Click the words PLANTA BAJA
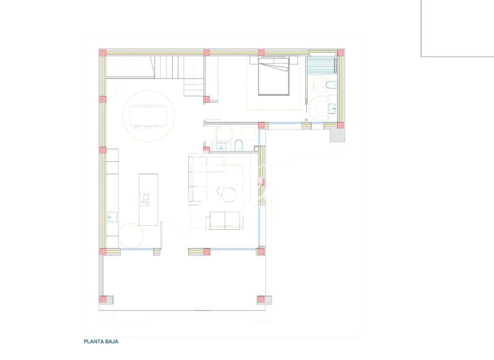101,342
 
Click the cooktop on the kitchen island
145,199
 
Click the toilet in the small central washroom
239,145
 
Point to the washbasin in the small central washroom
221,146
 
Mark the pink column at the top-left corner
103,53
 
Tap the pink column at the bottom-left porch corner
103,300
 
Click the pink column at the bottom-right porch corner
261,300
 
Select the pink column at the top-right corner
341,53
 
